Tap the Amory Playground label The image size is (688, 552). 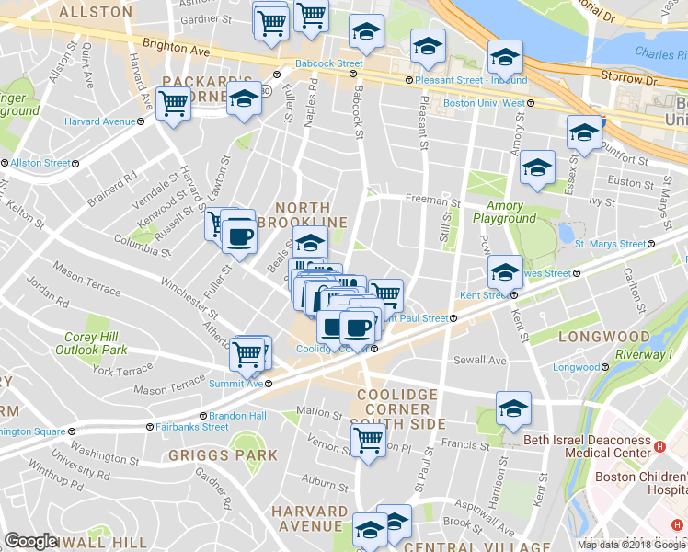click(x=504, y=213)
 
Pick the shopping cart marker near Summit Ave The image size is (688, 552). click(x=247, y=352)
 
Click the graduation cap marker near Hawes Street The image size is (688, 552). click(x=504, y=271)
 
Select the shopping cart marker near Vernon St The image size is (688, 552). click(x=368, y=441)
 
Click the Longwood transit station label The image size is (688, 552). click(x=576, y=367)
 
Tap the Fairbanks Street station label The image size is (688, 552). click(x=191, y=427)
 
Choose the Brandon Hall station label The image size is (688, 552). click(x=245, y=416)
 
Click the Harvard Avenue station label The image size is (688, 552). click(x=100, y=121)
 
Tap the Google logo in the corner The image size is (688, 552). click(x=30, y=541)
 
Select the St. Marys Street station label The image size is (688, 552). click(x=610, y=244)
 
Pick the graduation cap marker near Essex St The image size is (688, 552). click(x=583, y=133)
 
